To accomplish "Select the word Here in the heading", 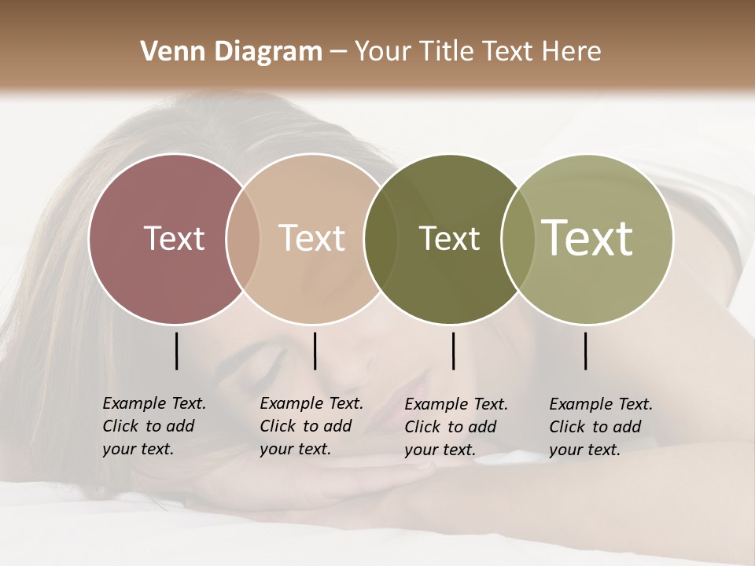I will point(573,52).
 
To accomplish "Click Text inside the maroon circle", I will point(174,238).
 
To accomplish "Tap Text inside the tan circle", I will point(312,238).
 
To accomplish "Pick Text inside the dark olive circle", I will point(449,238).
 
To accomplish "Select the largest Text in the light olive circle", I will point(587,238).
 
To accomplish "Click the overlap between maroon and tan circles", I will point(243,238).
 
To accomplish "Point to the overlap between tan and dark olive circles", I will point(374,238).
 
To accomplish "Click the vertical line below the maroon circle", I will point(176,351).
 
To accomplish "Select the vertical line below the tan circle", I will point(315,351).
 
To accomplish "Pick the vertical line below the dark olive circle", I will point(453,351).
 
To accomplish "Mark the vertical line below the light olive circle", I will point(585,351).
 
